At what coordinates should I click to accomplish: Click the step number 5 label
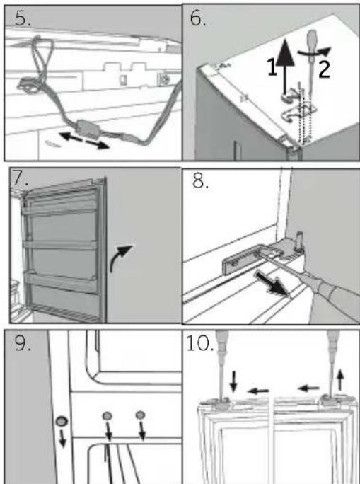23,18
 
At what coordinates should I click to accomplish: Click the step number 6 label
198,18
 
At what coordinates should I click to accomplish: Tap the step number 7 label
21,179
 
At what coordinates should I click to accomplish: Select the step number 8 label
201,181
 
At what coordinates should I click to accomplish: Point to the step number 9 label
23,343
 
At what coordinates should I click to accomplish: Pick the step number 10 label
200,343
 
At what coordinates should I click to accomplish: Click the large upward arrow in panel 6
284,66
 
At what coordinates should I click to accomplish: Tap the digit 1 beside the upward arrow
272,67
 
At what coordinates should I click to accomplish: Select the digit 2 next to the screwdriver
324,70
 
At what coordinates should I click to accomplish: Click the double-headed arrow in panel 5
84,140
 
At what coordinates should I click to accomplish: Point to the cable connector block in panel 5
88,128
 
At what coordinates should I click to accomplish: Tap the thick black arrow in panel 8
272,284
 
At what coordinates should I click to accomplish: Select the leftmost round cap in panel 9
62,421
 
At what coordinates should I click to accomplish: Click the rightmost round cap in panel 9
140,415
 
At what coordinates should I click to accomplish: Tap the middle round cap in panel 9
107,416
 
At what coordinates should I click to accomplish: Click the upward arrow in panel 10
340,380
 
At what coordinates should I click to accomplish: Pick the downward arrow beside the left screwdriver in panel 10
234,381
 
